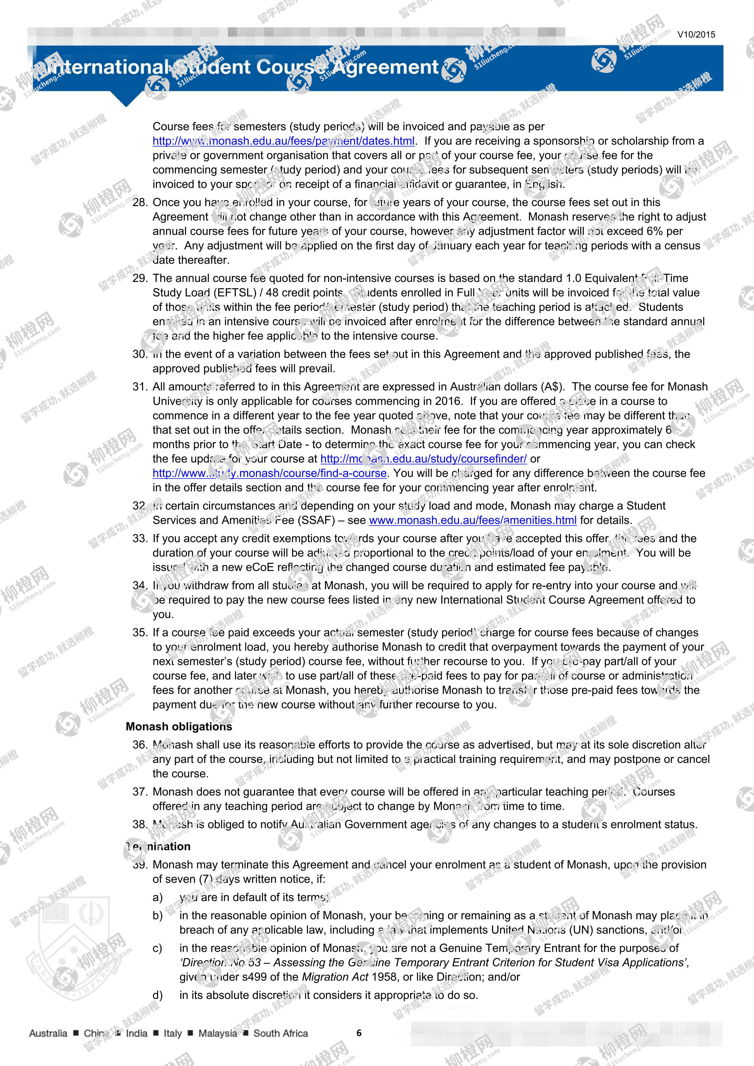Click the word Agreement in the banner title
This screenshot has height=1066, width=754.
tap(385, 68)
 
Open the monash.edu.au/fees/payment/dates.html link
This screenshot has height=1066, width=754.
tap(283, 141)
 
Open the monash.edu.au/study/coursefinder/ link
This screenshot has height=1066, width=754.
tap(423, 459)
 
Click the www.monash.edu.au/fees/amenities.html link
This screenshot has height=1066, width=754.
tap(472, 521)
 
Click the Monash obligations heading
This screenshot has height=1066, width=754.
tap(179, 727)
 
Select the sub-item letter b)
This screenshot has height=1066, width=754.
tap(158, 916)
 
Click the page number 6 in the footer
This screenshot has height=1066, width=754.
tap(359, 1033)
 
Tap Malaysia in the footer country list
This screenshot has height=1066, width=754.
tap(217, 1033)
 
